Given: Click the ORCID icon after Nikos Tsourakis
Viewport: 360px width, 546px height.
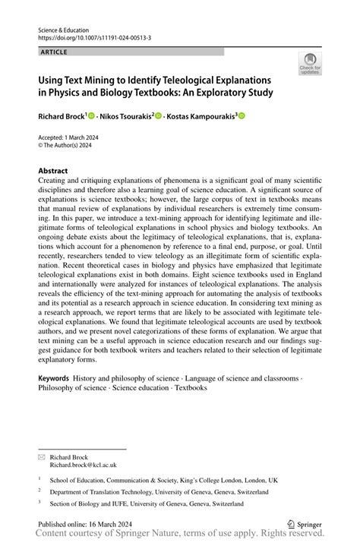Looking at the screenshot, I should click(159, 116).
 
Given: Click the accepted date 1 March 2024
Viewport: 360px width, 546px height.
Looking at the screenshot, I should click(80, 138).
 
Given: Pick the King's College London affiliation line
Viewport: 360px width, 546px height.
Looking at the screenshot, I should click(163, 480).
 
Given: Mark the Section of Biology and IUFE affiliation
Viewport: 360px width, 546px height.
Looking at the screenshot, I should click(147, 503).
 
